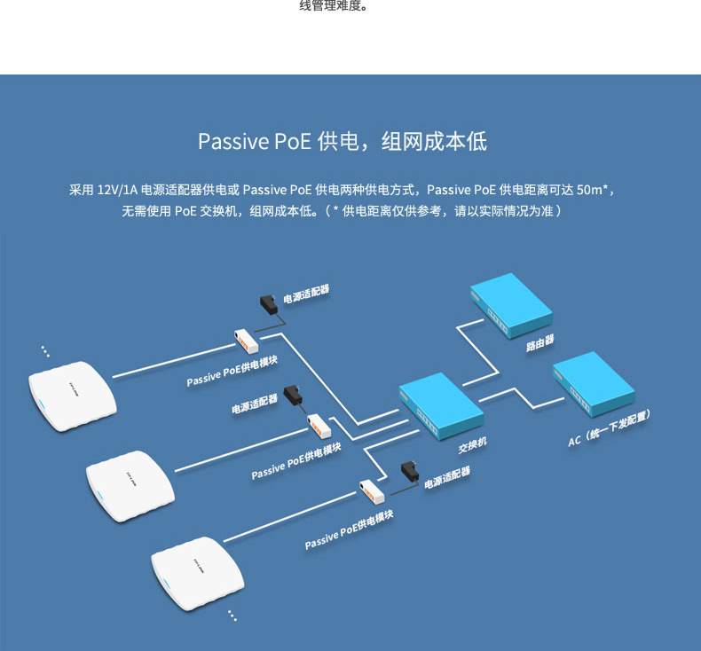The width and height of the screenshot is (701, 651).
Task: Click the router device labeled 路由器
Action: coord(510,305)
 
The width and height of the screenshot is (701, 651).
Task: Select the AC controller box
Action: coord(593,384)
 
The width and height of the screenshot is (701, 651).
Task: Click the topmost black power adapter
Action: coord(269,304)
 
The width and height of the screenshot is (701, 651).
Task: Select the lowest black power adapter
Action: coord(410,470)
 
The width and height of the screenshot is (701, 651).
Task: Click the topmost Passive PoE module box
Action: coord(246,340)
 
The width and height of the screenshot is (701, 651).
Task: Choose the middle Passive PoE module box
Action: coord(319,425)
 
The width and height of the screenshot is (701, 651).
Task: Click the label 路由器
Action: coord(540,341)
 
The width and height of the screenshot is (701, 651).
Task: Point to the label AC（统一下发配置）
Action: coord(610,428)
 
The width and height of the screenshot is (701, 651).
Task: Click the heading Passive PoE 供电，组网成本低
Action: coord(342,142)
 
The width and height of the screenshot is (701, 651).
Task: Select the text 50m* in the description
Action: coord(594,190)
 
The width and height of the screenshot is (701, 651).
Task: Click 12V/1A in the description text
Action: coord(117,190)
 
